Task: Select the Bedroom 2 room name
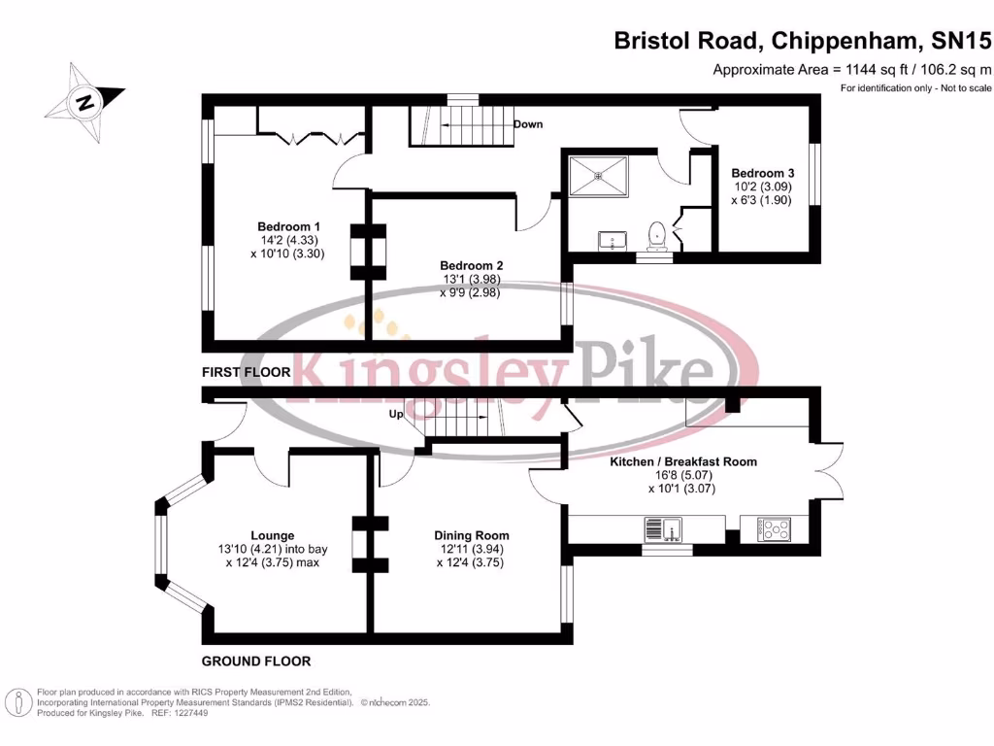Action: click(x=471, y=265)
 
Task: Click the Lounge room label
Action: click(x=272, y=535)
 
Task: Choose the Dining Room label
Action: click(x=471, y=535)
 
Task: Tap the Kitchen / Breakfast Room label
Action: click(x=682, y=461)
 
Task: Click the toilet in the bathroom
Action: click(x=657, y=234)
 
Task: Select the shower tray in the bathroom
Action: click(x=599, y=176)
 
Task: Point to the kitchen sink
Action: click(x=665, y=529)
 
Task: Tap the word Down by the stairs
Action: click(x=527, y=124)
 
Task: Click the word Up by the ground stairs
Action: click(x=396, y=414)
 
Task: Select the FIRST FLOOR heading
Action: click(x=246, y=372)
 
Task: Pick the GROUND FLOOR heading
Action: click(x=256, y=661)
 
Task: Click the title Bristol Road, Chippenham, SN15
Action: click(x=803, y=41)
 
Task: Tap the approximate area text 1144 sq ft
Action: click(x=852, y=69)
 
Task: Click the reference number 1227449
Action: click(x=187, y=712)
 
